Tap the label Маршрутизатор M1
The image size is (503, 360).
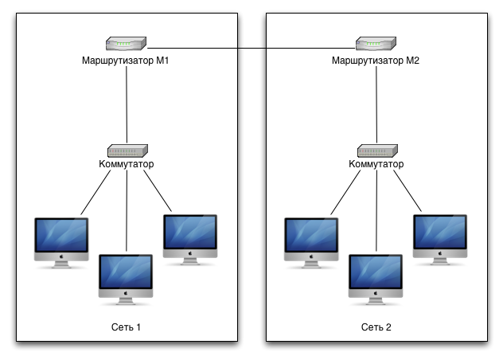(x=127, y=60)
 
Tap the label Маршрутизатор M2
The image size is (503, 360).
(x=376, y=60)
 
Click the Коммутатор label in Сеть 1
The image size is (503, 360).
(x=127, y=164)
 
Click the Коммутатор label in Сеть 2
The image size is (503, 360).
(x=376, y=164)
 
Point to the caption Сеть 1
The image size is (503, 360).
(x=127, y=327)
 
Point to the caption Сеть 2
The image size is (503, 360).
(x=376, y=327)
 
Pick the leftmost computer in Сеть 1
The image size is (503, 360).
(x=62, y=240)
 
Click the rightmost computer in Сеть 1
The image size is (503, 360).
(x=189, y=236)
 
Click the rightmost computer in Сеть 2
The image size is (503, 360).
(x=439, y=236)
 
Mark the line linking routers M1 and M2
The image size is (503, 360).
(x=251, y=49)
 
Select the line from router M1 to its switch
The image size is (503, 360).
(x=127, y=104)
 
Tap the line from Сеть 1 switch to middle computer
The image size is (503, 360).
(x=127, y=211)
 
